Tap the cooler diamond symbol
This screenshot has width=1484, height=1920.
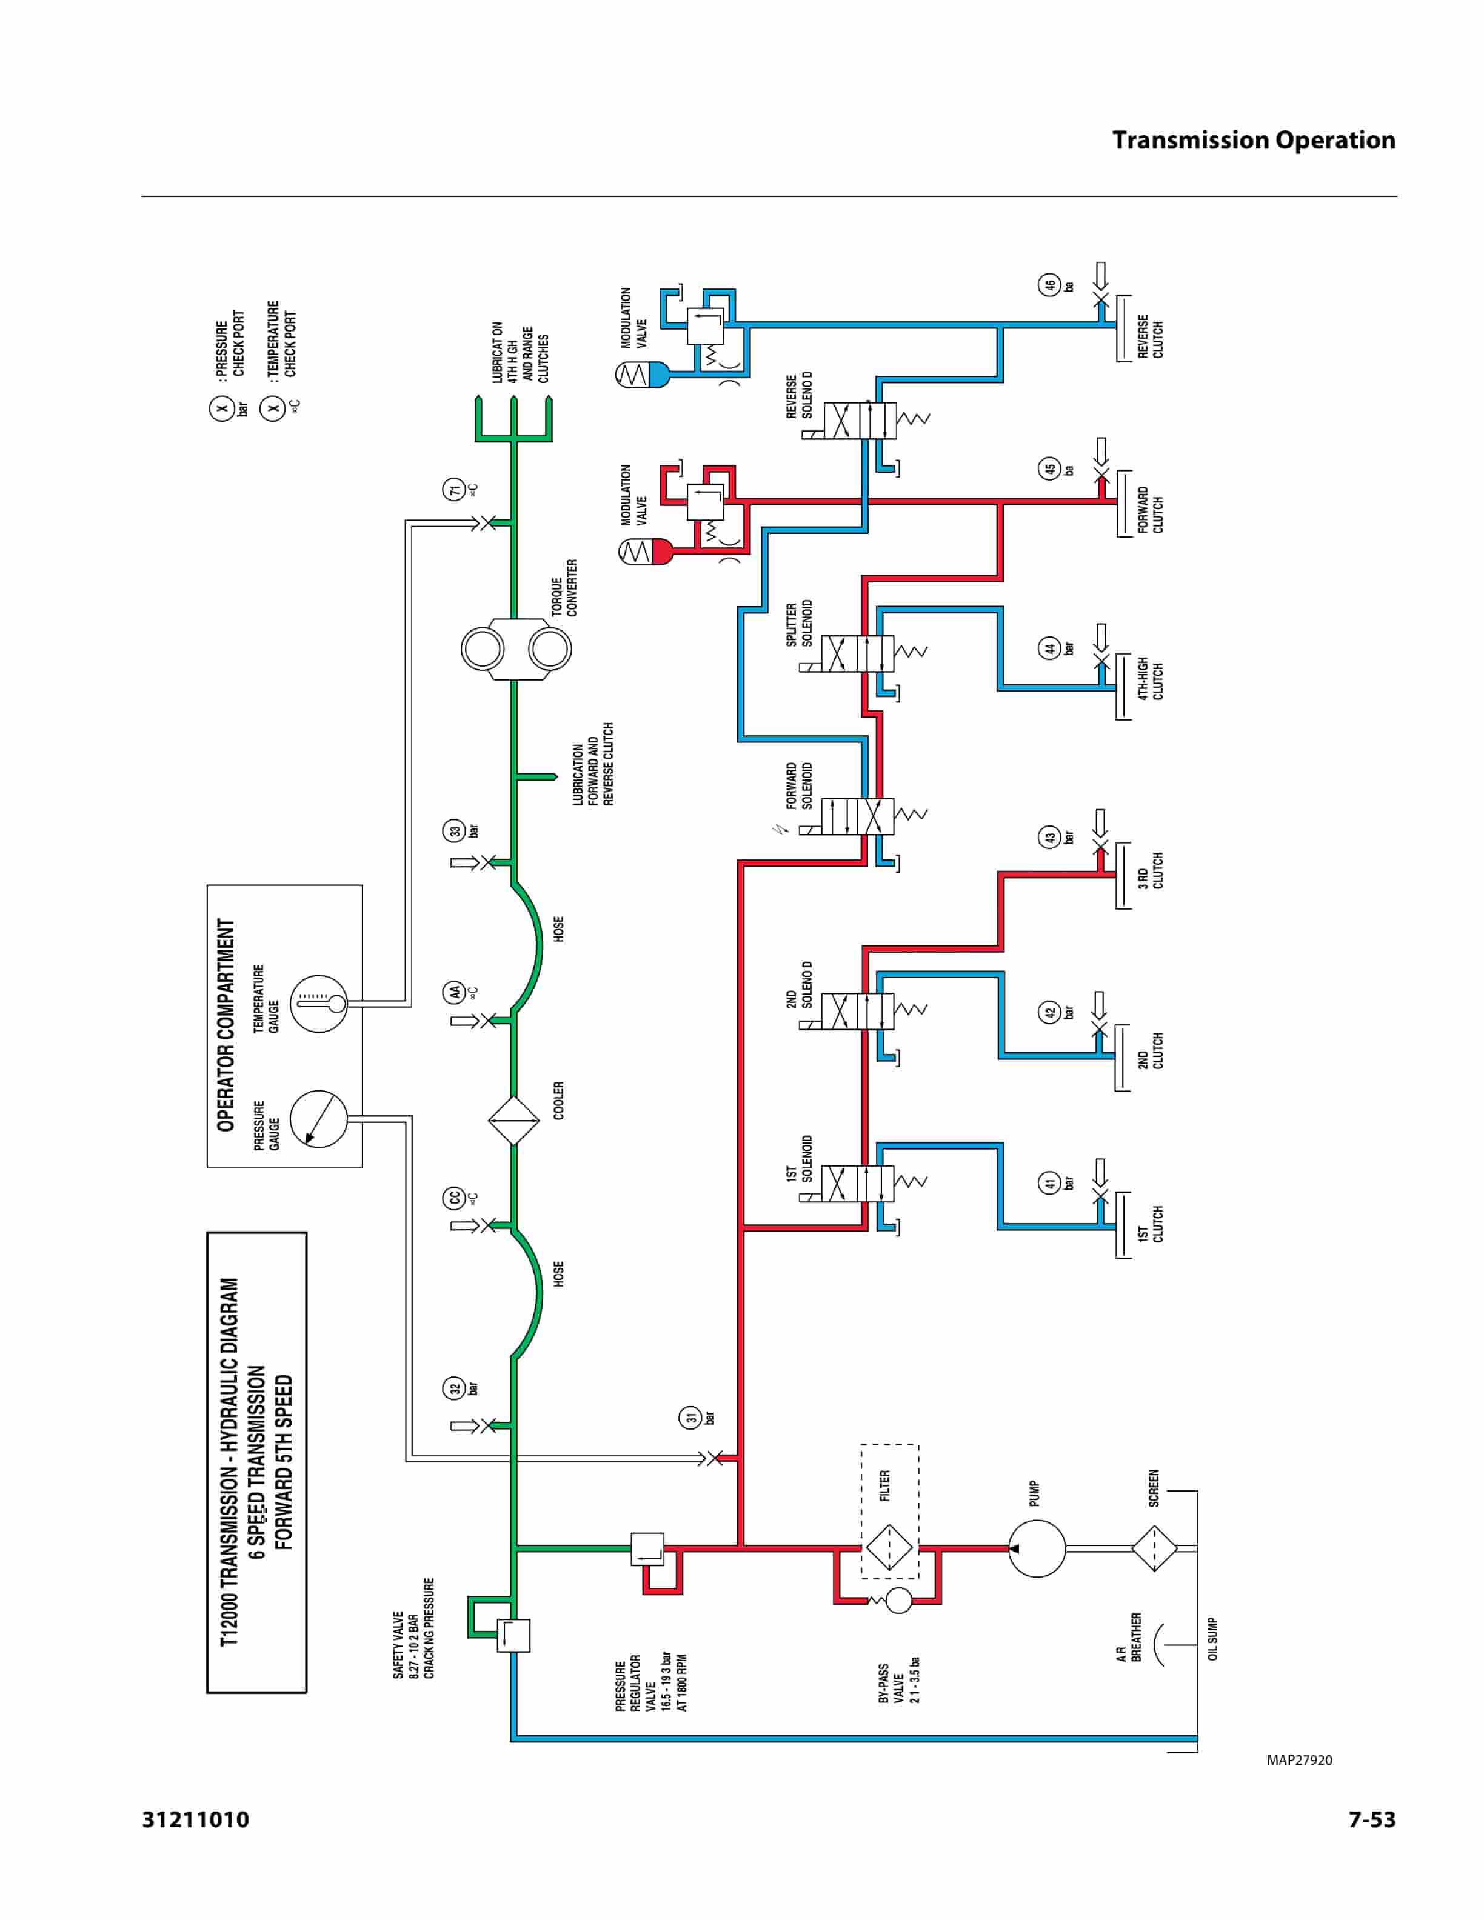[x=513, y=1120]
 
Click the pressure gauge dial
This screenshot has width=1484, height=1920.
[x=318, y=1119]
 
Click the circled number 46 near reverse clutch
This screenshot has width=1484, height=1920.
[x=1049, y=285]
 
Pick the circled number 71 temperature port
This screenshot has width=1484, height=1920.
[x=453, y=489]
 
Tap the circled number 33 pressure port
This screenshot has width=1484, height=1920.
[x=453, y=831]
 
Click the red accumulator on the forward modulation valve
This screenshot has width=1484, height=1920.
[x=646, y=552]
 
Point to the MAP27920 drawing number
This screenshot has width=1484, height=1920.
[x=1298, y=1760]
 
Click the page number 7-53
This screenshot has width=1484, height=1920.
[x=1371, y=1820]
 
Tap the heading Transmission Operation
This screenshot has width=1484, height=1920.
[x=1253, y=141]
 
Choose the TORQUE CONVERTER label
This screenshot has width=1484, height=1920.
[x=564, y=587]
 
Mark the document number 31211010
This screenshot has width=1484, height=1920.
[x=195, y=1820]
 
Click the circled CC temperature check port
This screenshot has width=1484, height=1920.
[x=453, y=1198]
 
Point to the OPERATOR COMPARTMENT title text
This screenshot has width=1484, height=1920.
[x=226, y=1025]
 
